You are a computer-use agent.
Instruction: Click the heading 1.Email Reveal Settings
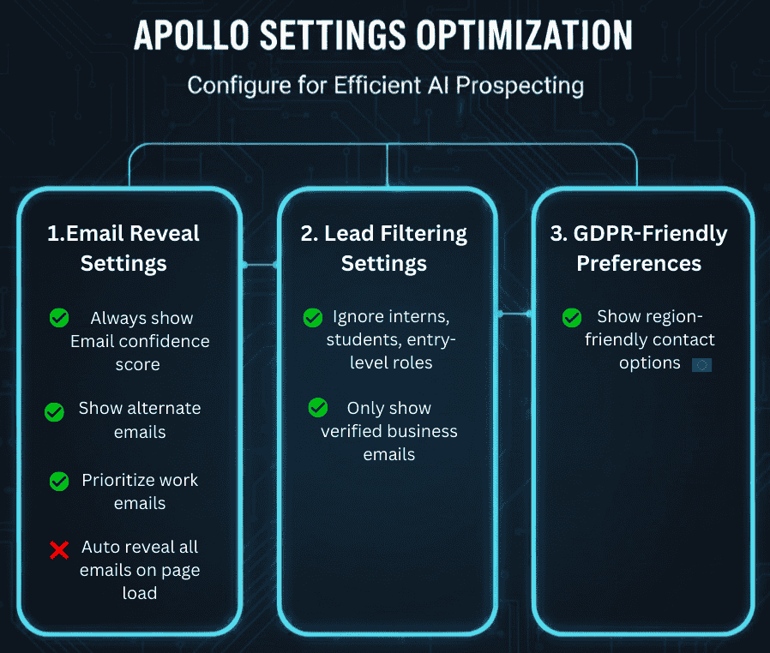(123, 248)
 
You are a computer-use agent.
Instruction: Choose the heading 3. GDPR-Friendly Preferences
(639, 248)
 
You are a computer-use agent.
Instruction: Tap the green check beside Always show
(59, 319)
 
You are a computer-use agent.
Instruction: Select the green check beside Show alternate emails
(54, 412)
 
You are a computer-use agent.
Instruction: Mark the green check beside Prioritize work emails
(59, 482)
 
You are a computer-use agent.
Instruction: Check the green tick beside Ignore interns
(313, 319)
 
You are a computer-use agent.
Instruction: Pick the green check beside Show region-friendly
(572, 318)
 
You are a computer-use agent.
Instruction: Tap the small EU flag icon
(701, 364)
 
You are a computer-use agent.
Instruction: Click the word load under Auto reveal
(139, 592)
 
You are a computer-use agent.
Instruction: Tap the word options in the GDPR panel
(650, 362)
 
